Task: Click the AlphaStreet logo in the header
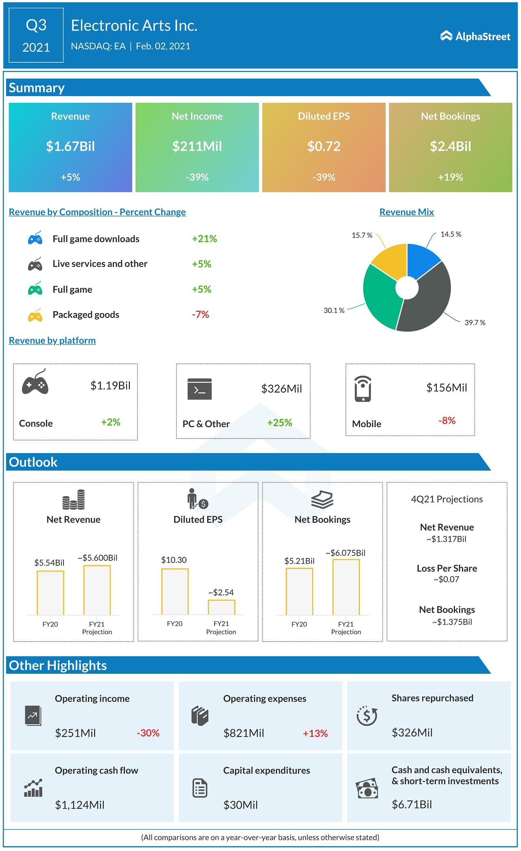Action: [475, 36]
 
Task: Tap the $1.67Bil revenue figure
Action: [70, 146]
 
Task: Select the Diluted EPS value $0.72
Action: [324, 146]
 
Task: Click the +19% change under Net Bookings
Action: [450, 177]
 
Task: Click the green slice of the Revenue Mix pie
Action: [379, 298]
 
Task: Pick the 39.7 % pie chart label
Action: [475, 322]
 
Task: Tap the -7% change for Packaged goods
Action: [200, 315]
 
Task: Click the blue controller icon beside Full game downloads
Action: [35, 238]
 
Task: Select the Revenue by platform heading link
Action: [52, 340]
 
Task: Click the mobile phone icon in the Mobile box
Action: [363, 389]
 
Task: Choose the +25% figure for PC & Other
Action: [280, 423]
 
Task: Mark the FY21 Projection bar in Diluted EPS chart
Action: [221, 607]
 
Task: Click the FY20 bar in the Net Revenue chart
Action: [50, 593]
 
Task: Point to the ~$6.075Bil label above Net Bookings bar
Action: [346, 553]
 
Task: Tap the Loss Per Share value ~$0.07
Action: [447, 579]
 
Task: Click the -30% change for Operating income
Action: [148, 733]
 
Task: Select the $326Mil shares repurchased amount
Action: [412, 733]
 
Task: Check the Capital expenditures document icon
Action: [200, 788]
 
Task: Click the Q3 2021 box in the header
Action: [36, 35]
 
